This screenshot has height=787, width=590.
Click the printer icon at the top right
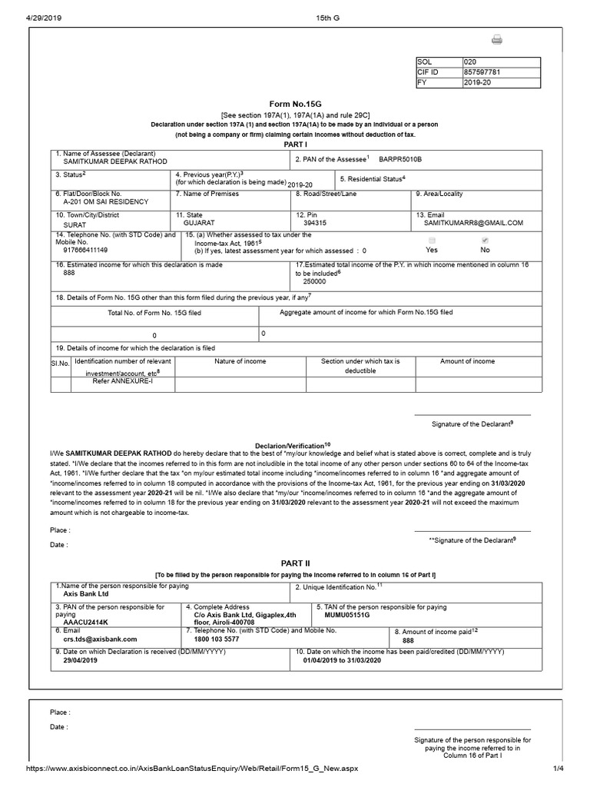pyautogui.click(x=496, y=40)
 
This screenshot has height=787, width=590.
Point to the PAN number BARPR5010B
pyautogui.click(x=400, y=159)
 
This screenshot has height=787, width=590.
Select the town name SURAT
pyautogui.click(x=75, y=226)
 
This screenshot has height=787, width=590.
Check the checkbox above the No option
pyautogui.click(x=485, y=241)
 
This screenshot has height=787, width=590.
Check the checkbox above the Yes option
pyautogui.click(x=432, y=241)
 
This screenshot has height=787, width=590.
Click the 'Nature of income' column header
pyautogui.click(x=240, y=361)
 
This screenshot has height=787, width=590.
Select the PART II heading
pyautogui.click(x=295, y=563)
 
